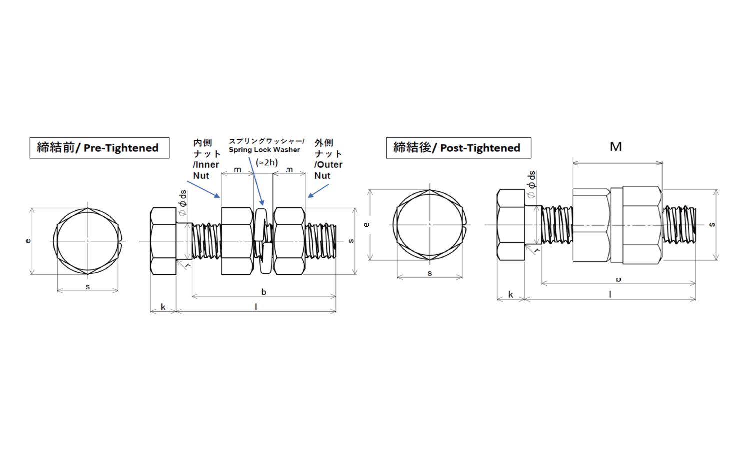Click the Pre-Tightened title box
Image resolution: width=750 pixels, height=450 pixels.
(99, 148)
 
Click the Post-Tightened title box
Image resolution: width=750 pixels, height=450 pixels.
(458, 148)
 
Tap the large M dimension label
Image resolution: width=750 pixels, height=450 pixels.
(616, 147)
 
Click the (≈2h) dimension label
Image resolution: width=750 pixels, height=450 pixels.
(267, 162)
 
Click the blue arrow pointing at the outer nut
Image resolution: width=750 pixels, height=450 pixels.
(318, 191)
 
